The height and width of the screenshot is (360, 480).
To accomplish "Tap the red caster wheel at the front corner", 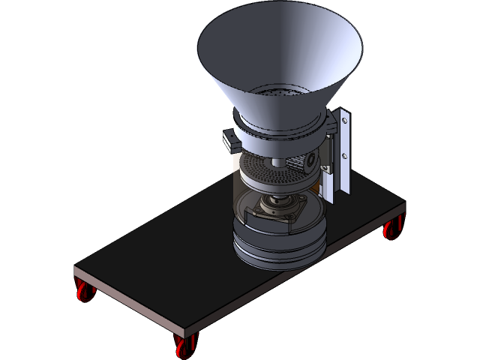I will pyautogui.click(x=182, y=346).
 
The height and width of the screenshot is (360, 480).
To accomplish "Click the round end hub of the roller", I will pyautogui.click(x=307, y=160).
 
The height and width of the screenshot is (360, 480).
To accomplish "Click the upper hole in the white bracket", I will pyautogui.click(x=345, y=121).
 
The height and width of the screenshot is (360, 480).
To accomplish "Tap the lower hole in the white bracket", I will pyautogui.click(x=345, y=156).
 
